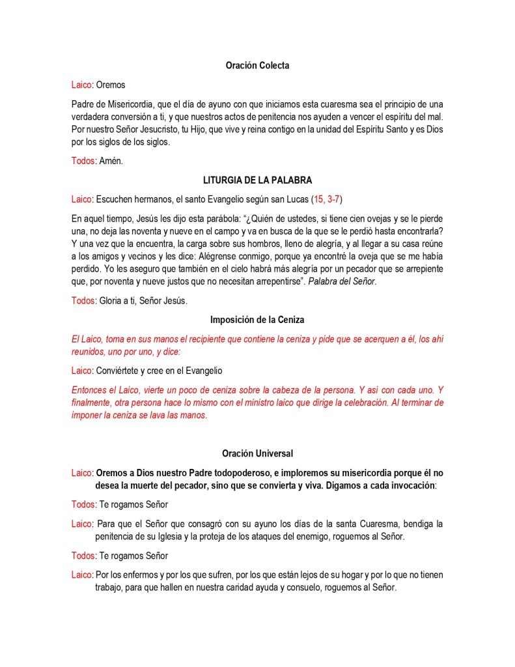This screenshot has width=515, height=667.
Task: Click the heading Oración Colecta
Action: point(257,66)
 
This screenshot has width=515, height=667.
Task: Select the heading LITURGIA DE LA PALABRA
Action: point(257,180)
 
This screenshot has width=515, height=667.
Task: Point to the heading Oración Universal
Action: point(257,453)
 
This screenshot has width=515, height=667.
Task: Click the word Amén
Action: point(111,161)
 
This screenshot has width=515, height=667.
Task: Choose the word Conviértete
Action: point(122,371)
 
